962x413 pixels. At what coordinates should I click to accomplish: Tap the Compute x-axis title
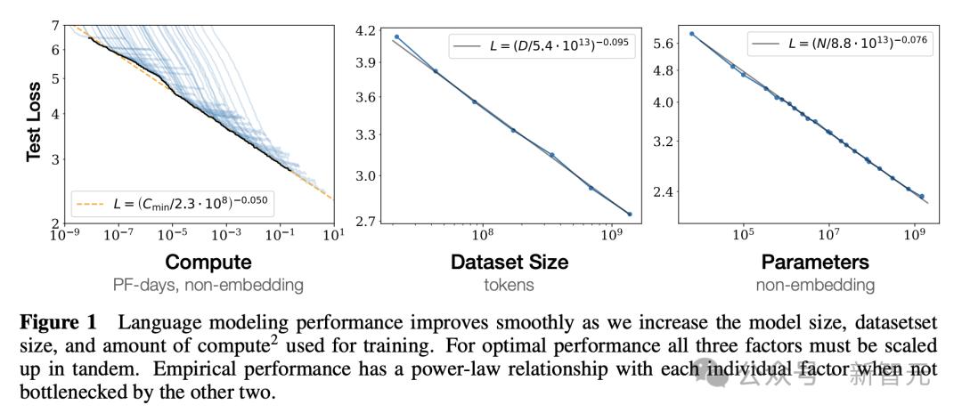tap(208, 263)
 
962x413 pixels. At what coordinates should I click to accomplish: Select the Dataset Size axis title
tap(509, 263)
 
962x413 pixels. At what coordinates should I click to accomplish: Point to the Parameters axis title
tap(815, 263)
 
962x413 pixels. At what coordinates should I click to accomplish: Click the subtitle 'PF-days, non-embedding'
tap(208, 286)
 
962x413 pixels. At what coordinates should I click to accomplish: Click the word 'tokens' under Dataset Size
tap(509, 286)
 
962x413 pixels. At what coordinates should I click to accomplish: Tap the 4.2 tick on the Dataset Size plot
tap(365, 30)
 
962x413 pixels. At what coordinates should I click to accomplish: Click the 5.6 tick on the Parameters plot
tap(665, 42)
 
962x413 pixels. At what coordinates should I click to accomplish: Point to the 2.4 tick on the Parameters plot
tap(665, 191)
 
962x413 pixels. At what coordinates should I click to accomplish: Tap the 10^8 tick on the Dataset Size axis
tap(482, 235)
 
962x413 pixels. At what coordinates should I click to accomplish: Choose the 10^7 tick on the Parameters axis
tap(828, 235)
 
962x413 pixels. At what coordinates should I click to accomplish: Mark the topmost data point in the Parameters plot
tap(692, 34)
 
